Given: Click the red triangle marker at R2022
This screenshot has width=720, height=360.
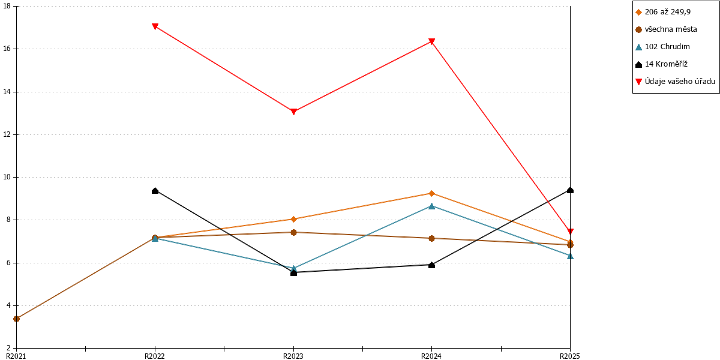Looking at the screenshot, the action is coord(155,26).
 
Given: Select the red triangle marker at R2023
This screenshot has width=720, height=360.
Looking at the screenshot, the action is coord(293,112).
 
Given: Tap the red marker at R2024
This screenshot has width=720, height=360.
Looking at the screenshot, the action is coord(431,41).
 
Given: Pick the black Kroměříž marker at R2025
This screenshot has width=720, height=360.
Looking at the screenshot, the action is coord(570,190).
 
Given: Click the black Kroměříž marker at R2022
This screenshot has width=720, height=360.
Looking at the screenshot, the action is coord(155,191).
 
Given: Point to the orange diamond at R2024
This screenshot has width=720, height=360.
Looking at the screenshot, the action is coord(431,193).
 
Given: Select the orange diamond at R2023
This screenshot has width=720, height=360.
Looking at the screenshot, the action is coord(293,219).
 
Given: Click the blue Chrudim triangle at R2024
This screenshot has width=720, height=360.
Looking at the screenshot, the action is coord(431,206).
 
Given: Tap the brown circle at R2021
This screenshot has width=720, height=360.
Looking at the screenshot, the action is coord(16,319).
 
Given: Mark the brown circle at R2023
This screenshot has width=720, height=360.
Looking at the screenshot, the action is coord(293,232).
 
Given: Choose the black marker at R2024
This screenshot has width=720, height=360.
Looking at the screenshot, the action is coord(431,265).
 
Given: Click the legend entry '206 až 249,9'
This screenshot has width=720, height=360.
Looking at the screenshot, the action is coord(667,12).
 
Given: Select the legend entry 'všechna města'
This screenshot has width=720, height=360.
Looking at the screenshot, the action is coord(671,29).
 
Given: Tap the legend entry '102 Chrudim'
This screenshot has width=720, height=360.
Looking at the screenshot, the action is coord(667,47).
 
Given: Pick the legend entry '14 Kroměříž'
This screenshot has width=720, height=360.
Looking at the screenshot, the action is coord(665,64).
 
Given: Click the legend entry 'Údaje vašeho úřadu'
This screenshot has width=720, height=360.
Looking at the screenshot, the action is coord(679,82).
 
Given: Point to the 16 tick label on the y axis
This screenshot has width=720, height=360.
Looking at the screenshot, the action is coord(7,49).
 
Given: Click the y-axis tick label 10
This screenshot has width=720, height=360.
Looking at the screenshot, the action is coord(7,177).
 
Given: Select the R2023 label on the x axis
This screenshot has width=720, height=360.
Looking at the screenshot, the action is coord(293,356).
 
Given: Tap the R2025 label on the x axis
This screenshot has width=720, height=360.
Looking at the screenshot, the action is coord(570,356).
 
